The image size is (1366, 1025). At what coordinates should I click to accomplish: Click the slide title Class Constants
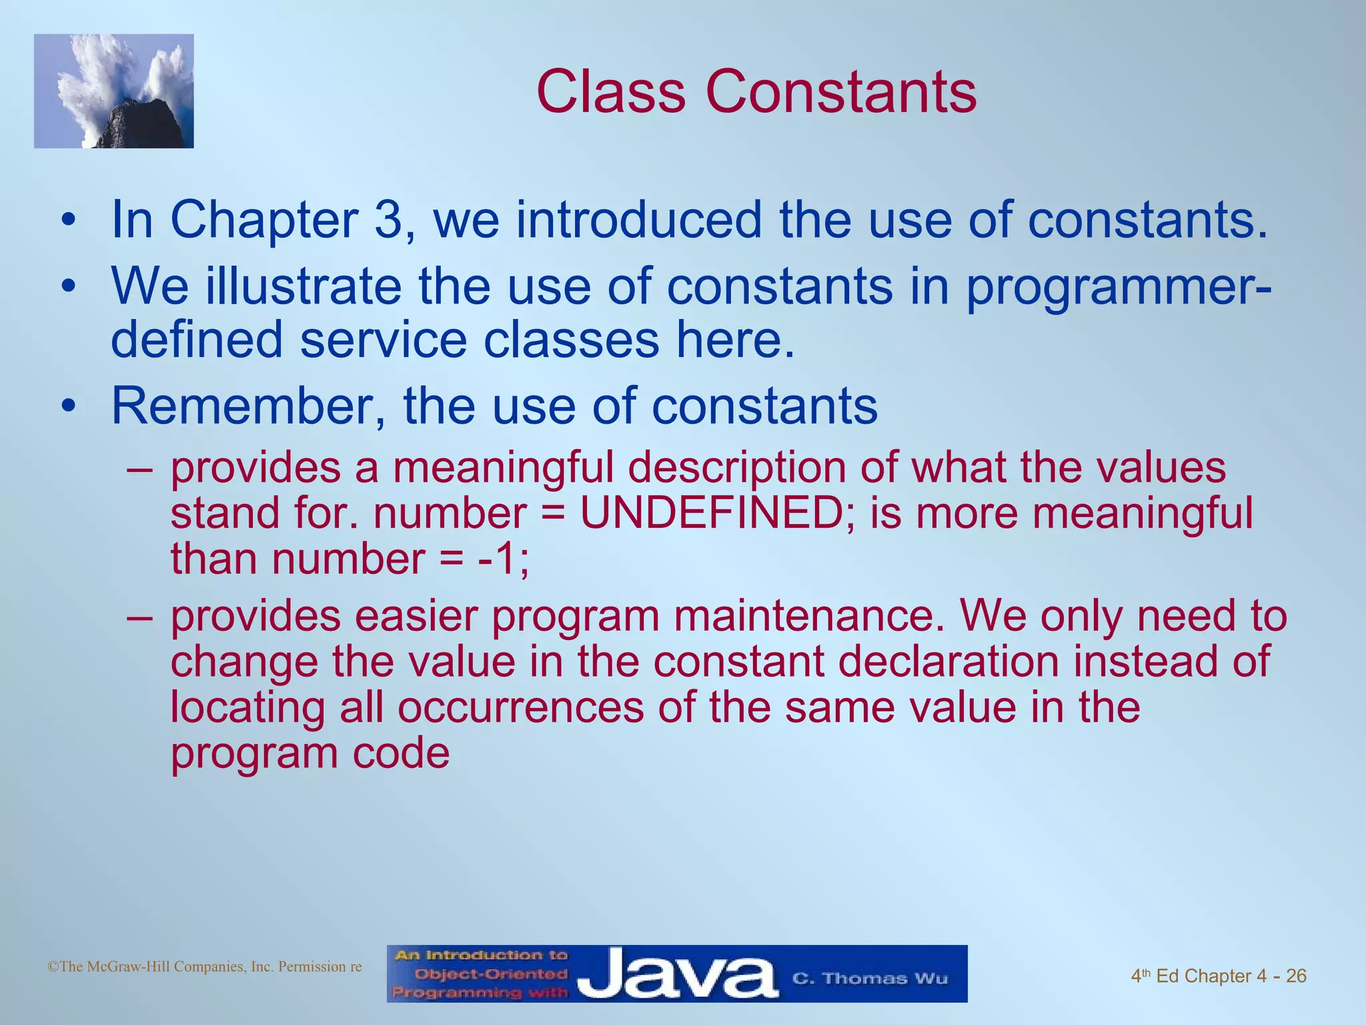click(x=756, y=92)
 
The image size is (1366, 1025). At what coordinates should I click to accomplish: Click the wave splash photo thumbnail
click(x=114, y=91)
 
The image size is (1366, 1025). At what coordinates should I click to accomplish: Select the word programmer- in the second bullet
click(x=1118, y=287)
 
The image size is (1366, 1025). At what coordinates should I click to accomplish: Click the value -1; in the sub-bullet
click(x=504, y=559)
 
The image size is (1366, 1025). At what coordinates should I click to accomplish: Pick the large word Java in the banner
click(x=677, y=975)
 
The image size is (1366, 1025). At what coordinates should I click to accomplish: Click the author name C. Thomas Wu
click(x=869, y=978)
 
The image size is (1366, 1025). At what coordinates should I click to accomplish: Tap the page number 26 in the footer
click(x=1295, y=976)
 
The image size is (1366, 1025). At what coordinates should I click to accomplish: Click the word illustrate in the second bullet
click(x=303, y=287)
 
